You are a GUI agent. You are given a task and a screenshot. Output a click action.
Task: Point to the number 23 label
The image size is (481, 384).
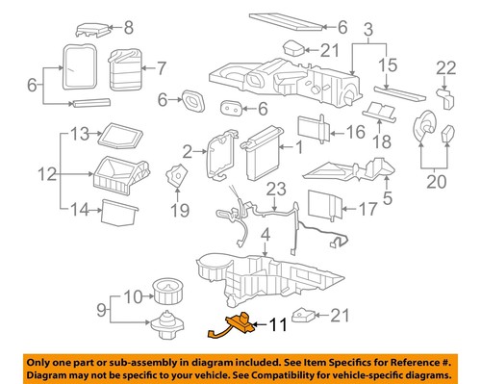click(x=276, y=189)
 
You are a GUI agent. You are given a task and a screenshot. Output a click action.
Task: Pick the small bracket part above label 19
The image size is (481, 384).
click(x=174, y=177)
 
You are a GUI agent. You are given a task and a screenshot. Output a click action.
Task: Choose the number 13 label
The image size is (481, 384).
click(x=79, y=132)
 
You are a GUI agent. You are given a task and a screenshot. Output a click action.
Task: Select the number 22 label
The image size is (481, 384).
click(x=444, y=66)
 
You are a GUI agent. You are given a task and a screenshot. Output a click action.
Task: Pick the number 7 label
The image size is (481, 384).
click(x=161, y=67)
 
